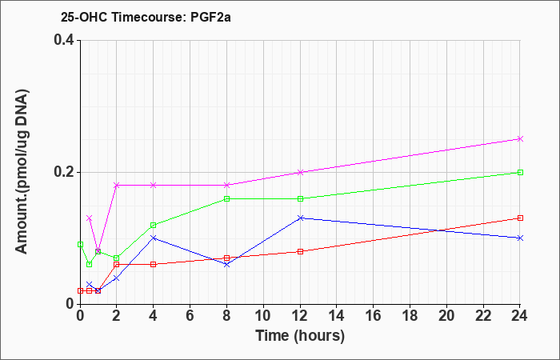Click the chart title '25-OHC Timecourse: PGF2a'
(x=146, y=17)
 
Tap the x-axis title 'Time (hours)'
(x=300, y=336)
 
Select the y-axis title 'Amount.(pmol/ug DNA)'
(x=22, y=171)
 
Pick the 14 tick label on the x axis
(x=337, y=316)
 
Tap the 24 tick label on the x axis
(x=520, y=316)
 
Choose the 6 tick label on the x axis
(x=190, y=316)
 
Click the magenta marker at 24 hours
(x=520, y=138)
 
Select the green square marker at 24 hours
(x=520, y=172)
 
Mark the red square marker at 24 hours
(x=520, y=218)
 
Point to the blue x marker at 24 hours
(x=520, y=238)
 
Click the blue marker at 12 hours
(x=300, y=218)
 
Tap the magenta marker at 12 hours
(x=300, y=172)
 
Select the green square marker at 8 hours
(x=226, y=198)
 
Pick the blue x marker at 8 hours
(x=226, y=264)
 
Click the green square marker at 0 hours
(x=80, y=244)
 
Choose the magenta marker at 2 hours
(x=117, y=185)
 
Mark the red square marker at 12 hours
(x=300, y=251)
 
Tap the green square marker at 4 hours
(x=154, y=225)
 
